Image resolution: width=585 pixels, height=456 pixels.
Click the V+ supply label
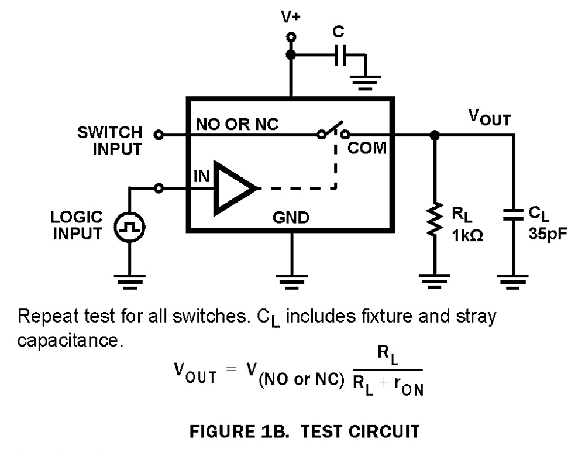[290, 16]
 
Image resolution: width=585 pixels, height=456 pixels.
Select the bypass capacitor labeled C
[340, 56]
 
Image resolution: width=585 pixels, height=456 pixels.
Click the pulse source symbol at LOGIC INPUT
[129, 228]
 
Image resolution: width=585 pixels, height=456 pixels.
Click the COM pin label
[367, 149]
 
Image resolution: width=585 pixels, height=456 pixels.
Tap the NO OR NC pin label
[238, 124]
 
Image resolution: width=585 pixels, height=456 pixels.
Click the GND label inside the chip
[291, 218]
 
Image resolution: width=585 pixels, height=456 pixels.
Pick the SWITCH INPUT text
[110, 141]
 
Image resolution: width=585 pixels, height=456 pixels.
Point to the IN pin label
[201, 176]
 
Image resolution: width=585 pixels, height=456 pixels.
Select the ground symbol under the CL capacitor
[513, 282]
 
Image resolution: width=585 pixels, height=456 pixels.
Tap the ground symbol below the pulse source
[129, 281]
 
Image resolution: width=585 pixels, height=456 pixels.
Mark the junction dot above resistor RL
[433, 135]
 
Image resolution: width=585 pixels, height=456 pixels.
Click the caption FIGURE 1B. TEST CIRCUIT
[304, 432]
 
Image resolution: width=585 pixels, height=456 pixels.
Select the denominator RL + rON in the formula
[388, 387]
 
